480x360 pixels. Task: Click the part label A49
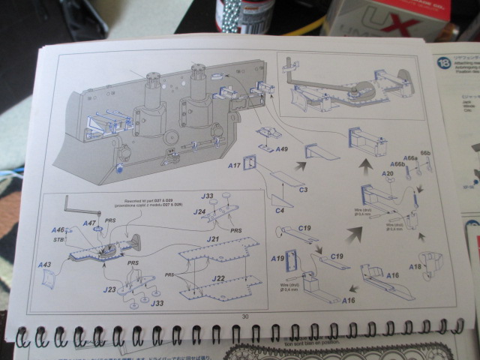click(281, 150)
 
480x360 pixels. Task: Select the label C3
click(304, 190)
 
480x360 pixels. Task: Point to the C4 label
click(279, 211)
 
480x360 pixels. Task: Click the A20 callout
click(388, 174)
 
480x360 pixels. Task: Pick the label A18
click(413, 267)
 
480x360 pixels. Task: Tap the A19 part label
click(277, 259)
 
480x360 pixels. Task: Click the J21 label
click(213, 239)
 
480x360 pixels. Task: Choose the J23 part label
click(109, 289)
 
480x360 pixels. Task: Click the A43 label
click(45, 265)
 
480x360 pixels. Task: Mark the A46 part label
click(58, 230)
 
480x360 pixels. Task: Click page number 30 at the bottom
click(244, 316)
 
